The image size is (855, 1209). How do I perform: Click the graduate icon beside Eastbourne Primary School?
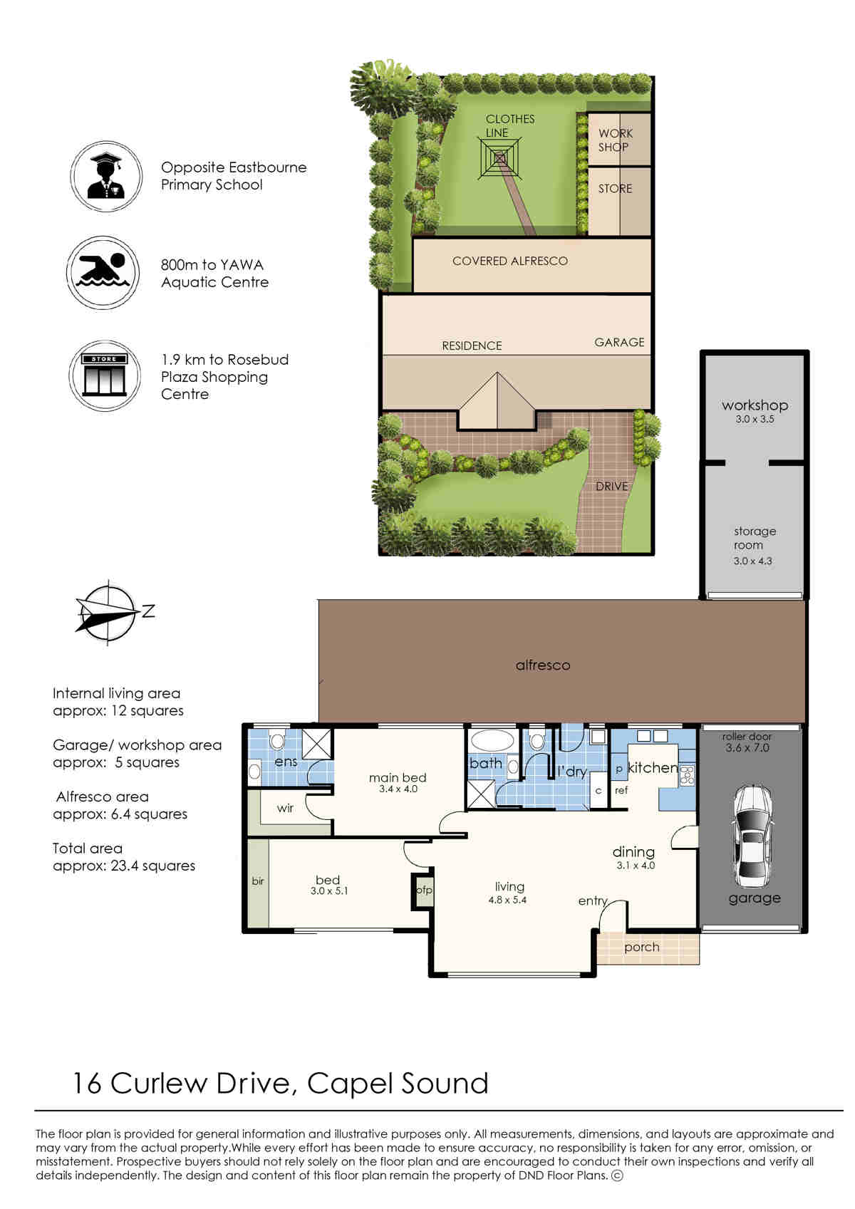tap(106, 176)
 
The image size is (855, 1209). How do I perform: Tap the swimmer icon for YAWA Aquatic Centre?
tap(103, 273)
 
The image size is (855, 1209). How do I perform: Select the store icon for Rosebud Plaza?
tap(105, 375)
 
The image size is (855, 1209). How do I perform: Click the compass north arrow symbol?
tap(108, 613)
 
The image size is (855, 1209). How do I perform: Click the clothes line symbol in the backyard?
tap(500, 158)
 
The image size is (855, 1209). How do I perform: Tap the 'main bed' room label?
tap(398, 777)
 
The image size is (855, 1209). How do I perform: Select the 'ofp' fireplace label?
tap(424, 890)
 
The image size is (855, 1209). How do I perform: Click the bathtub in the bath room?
tap(493, 740)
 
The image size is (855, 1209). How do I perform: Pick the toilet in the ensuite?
tap(277, 740)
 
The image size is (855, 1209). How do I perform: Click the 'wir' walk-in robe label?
tap(285, 808)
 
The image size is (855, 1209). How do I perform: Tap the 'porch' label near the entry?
tap(642, 948)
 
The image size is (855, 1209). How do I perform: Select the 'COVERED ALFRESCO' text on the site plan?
tap(510, 261)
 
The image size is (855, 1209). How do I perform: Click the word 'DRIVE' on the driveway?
tap(611, 487)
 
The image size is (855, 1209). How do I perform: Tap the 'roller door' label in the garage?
tap(747, 736)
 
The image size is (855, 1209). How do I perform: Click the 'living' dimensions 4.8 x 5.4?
tap(507, 900)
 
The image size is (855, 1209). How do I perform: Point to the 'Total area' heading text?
tap(88, 848)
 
